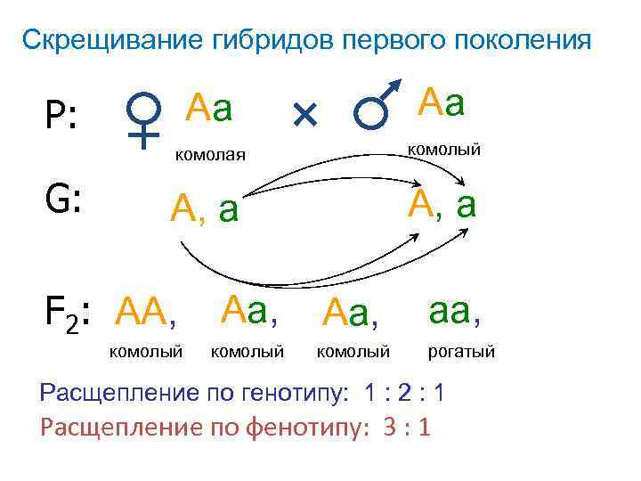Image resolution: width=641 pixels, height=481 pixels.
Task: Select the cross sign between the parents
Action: (304, 113)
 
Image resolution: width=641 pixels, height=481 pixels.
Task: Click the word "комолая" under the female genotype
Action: (209, 156)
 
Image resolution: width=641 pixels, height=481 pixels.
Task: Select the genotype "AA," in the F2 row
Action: (148, 312)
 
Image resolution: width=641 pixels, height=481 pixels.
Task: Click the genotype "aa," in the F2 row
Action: (455, 311)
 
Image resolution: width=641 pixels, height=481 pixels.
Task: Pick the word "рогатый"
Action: (461, 353)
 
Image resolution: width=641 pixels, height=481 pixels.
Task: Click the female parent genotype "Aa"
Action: (209, 110)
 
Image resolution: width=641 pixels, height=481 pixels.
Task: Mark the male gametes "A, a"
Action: (442, 204)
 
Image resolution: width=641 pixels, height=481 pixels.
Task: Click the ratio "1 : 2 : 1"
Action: (412, 393)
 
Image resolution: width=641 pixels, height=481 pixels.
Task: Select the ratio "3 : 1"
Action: (406, 428)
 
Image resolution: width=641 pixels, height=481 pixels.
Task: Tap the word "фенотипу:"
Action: (296, 428)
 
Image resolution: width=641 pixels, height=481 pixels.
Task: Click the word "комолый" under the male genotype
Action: (444, 149)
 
